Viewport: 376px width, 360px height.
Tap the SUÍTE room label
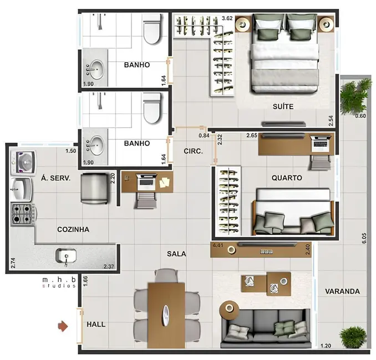282,106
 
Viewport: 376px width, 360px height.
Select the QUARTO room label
287,178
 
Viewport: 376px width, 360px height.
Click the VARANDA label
342,291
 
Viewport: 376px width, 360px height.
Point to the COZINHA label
73,229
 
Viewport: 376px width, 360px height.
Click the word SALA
176,254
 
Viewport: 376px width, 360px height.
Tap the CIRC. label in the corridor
192,151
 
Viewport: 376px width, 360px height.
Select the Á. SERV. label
54,178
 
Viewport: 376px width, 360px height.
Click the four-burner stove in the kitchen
22,213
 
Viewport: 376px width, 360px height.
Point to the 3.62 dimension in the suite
227,18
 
